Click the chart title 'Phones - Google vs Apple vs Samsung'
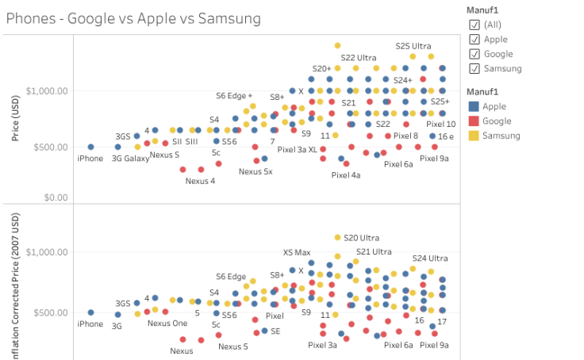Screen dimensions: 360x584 coord(133,18)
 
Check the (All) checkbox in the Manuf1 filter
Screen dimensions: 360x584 coord(474,25)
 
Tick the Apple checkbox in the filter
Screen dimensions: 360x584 coord(474,40)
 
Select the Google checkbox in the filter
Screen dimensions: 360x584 coord(474,54)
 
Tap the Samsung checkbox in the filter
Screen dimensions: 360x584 coord(474,68)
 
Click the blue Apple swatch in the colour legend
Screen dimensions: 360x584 coord(474,106)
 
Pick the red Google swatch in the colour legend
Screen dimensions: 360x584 coord(474,121)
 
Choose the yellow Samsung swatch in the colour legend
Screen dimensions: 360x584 coord(474,136)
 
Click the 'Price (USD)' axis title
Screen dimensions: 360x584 coord(15,119)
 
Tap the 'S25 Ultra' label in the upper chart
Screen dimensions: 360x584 coord(413,46)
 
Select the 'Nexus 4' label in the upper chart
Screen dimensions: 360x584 coord(200,180)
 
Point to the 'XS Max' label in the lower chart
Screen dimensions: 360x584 coord(297,253)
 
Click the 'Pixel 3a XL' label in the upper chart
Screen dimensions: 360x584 coord(298,149)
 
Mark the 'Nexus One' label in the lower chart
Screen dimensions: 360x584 coord(167,323)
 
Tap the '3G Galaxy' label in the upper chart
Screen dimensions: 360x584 coord(130,158)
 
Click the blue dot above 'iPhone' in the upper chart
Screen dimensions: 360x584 coord(90,147)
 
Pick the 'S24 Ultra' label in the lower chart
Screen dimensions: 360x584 coord(429,258)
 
